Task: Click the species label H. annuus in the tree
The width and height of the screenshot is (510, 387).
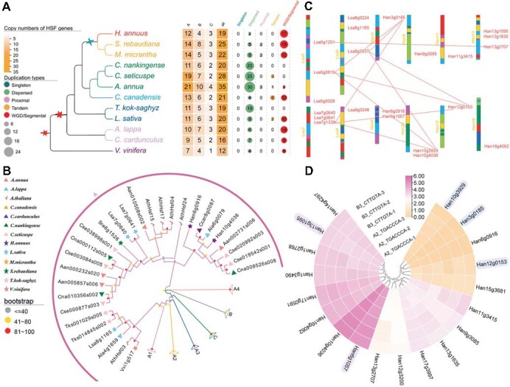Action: [x=135, y=34]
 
